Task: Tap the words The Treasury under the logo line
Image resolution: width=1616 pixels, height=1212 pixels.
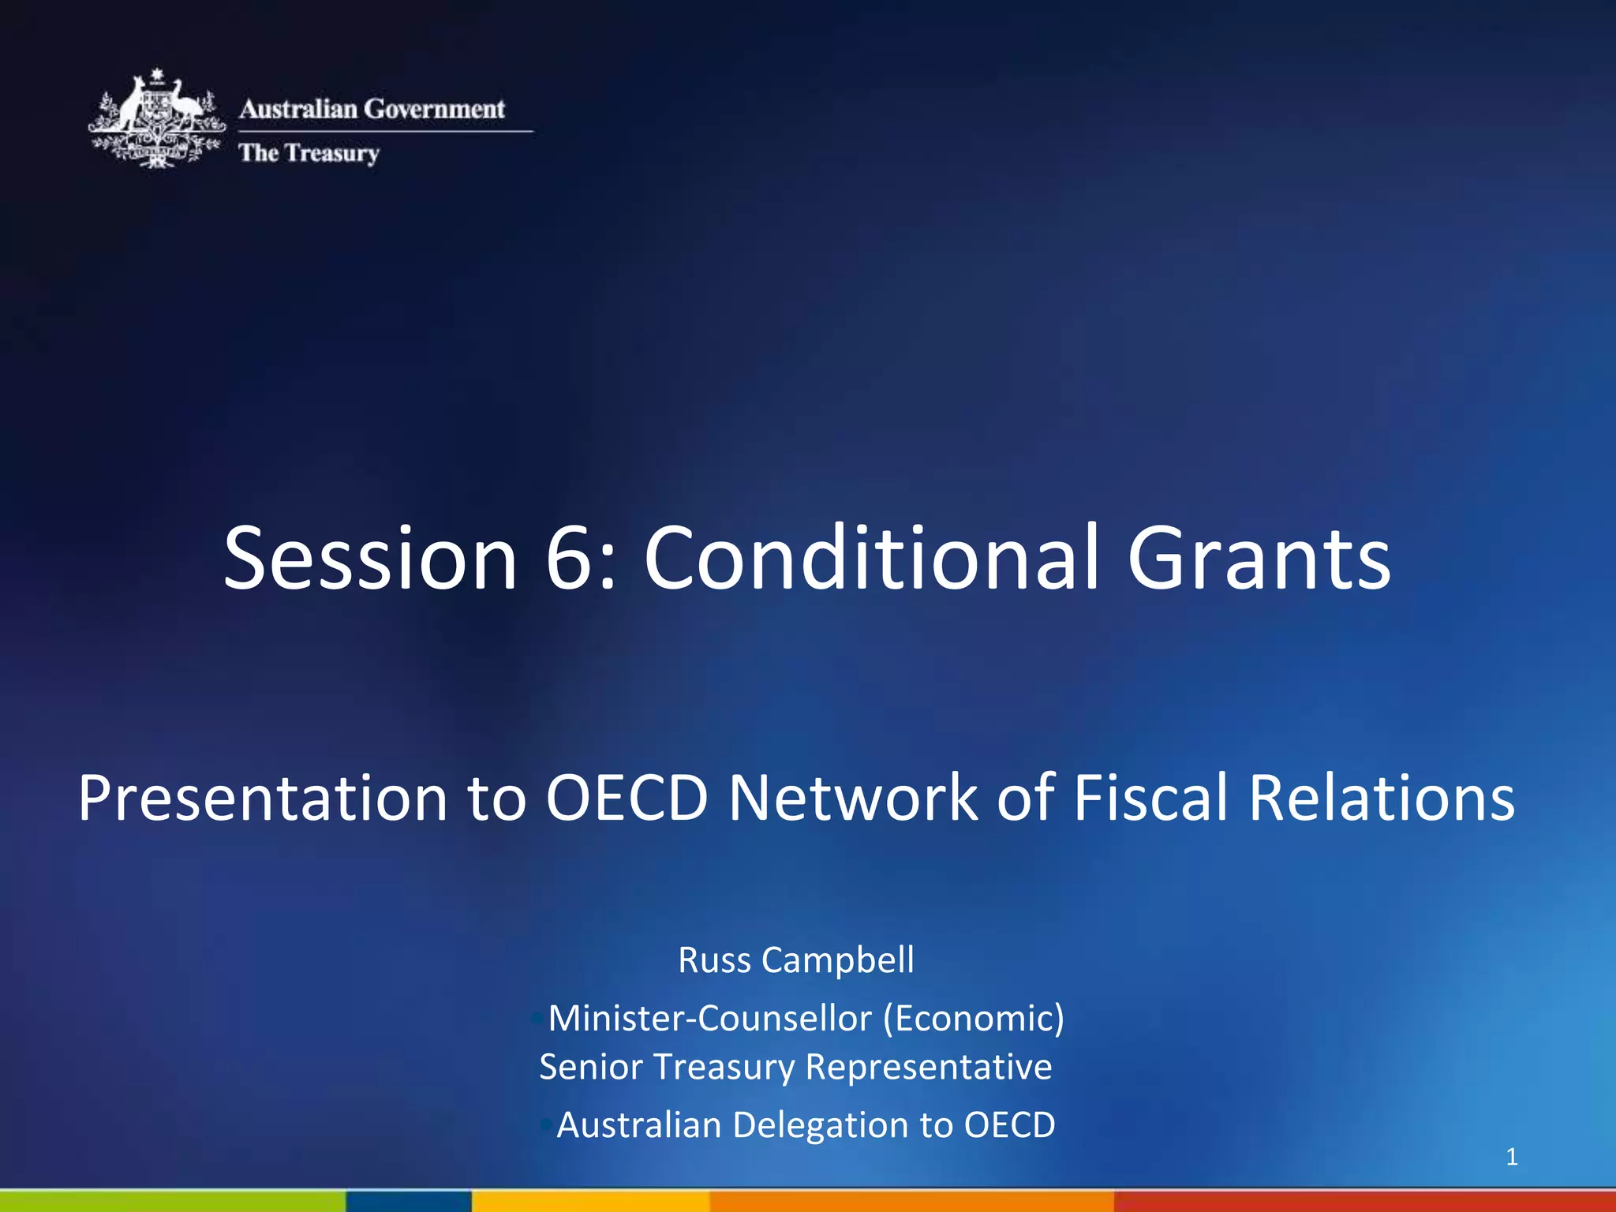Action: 309,152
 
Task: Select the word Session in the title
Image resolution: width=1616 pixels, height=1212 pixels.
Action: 369,558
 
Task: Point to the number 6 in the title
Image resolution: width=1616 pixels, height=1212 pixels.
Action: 570,558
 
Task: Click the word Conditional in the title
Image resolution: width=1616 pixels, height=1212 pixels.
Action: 871,558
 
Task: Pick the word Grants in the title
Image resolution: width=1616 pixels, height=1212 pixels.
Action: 1259,558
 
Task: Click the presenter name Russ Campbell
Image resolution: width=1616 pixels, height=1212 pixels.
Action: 796,960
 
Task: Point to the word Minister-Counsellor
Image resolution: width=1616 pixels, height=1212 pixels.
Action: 709,1018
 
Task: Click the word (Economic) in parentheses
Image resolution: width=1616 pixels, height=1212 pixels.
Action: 974,1018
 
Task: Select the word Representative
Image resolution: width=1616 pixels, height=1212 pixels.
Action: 929,1067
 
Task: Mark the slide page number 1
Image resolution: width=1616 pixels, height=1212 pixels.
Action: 1512,1157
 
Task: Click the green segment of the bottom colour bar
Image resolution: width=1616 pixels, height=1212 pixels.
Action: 172,1201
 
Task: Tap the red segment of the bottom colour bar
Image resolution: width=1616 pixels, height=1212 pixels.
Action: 1365,1201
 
